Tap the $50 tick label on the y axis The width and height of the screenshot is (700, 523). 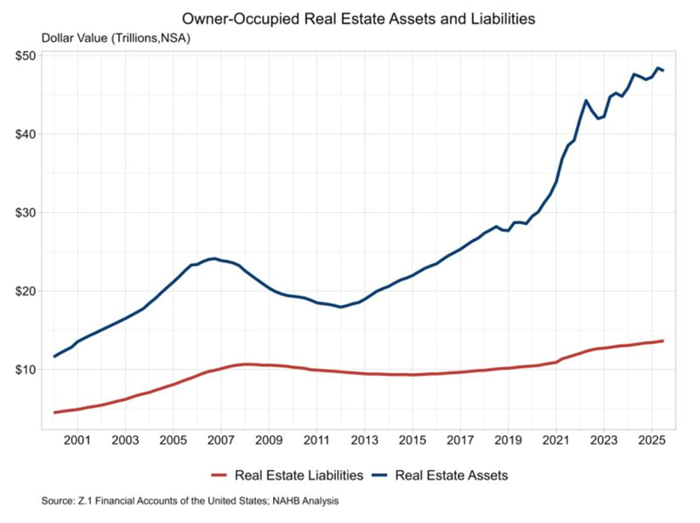[x=24, y=55]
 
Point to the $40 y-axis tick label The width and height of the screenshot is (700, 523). [x=24, y=134]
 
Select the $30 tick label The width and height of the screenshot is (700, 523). [x=24, y=212]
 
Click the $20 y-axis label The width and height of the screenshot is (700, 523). [x=24, y=290]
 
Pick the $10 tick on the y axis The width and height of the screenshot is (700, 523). [x=24, y=369]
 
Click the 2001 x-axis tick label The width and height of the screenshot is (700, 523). [x=77, y=441]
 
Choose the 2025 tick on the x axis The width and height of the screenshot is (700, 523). [x=652, y=441]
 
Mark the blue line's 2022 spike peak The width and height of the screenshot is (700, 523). [x=586, y=101]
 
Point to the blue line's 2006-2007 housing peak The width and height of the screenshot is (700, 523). [x=213, y=258]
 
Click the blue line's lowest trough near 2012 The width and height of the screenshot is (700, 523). [x=341, y=307]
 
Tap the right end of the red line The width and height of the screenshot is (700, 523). [x=663, y=341]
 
